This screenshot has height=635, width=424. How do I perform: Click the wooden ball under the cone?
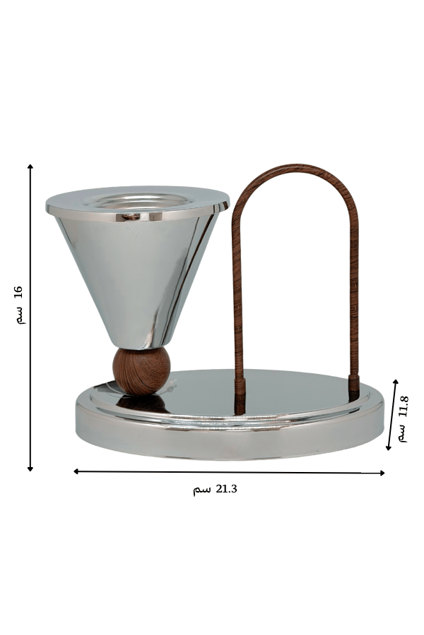coord(141,370)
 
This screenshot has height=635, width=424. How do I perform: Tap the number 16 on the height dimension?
coord(18,292)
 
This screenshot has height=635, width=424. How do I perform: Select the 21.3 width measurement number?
coord(226,489)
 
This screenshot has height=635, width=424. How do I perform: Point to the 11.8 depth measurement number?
coord(404,406)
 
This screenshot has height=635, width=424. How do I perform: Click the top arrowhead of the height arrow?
coord(30,167)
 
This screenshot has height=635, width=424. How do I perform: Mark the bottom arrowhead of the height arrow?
coord(30,469)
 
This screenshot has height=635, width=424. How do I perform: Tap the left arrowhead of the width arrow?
coord(76,471)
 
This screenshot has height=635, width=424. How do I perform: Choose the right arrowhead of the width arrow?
coord(382,473)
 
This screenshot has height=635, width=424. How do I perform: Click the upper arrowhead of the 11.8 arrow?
coord(396,382)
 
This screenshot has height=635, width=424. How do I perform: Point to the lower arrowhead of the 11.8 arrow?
coord(388,447)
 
